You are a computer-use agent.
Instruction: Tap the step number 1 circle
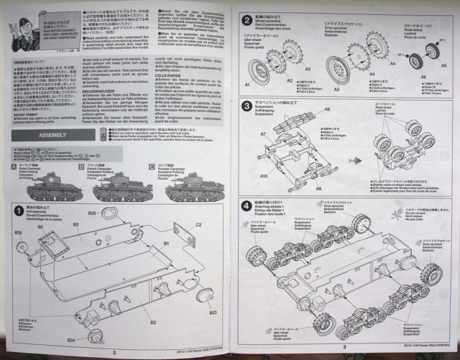tap(19, 210)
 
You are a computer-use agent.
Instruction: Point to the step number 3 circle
tap(247, 106)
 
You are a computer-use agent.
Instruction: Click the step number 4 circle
tap(247, 206)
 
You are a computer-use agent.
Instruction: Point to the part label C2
tap(200, 225)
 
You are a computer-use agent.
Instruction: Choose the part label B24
tap(71, 338)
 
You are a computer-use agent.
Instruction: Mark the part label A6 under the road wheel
tap(423, 85)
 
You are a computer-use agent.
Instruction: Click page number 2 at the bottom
tap(114, 352)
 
